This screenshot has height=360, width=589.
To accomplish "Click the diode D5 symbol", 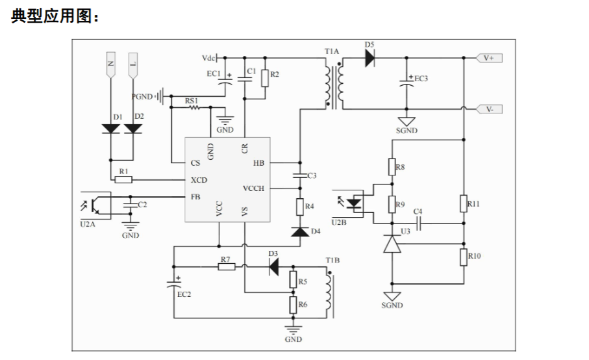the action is [370, 58].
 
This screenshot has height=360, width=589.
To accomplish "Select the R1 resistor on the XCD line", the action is [123, 179].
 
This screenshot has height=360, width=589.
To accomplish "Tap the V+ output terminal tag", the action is [489, 58].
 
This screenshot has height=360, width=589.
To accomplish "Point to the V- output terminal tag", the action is [489, 109].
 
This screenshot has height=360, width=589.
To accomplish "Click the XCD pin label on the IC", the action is [199, 180].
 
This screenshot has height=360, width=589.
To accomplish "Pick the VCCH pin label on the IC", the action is [253, 188].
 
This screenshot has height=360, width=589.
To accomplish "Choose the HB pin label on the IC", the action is [258, 163].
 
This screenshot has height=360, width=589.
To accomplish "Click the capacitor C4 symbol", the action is [420, 224].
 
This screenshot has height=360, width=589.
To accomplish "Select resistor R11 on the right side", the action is [464, 203].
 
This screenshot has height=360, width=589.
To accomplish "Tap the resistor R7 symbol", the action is [227, 267].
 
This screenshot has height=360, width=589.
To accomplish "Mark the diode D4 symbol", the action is [300, 231].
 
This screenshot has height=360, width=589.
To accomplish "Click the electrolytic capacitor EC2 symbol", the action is [174, 283].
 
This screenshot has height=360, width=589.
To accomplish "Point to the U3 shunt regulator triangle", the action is [392, 244].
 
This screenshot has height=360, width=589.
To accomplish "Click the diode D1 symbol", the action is [111, 129].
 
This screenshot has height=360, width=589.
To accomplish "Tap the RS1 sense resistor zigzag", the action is [194, 107].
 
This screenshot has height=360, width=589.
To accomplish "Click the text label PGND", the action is [142, 97].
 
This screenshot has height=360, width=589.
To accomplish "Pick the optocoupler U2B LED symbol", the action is [354, 203].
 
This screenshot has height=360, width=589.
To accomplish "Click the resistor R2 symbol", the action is [265, 78].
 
